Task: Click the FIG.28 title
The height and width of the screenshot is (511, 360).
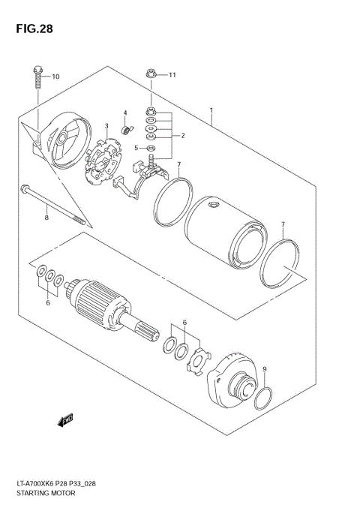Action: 34,29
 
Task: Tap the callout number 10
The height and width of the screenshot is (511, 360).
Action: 55,77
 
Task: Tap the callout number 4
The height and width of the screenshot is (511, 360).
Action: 125,113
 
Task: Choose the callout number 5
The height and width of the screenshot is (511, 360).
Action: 136,148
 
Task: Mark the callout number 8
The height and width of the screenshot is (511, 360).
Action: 46,218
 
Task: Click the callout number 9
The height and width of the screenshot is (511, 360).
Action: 264,368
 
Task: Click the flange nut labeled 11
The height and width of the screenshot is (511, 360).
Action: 151,74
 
